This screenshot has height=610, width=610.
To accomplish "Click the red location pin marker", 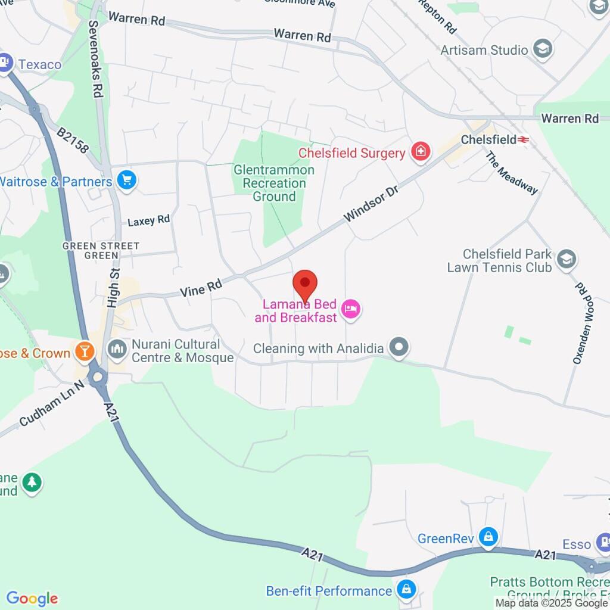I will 305,285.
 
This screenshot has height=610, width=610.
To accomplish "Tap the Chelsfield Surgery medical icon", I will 421,152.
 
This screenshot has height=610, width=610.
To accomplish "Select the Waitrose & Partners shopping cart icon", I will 126,180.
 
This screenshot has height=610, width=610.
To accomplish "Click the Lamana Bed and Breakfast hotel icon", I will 351,309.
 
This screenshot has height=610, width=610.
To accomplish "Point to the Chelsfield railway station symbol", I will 524,139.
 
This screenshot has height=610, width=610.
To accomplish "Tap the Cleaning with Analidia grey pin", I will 399,347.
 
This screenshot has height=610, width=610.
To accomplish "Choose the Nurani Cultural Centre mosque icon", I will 117,349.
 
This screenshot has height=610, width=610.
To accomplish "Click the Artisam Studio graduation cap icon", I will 543,49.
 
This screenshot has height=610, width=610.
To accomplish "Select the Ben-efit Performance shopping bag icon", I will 406,590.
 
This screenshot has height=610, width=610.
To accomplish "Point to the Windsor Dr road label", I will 370,204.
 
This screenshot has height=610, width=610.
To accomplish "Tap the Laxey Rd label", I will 149,221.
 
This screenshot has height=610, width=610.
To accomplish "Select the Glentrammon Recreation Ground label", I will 274,183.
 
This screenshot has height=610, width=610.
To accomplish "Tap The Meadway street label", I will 512,173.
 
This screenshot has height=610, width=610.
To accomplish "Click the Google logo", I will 32,599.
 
